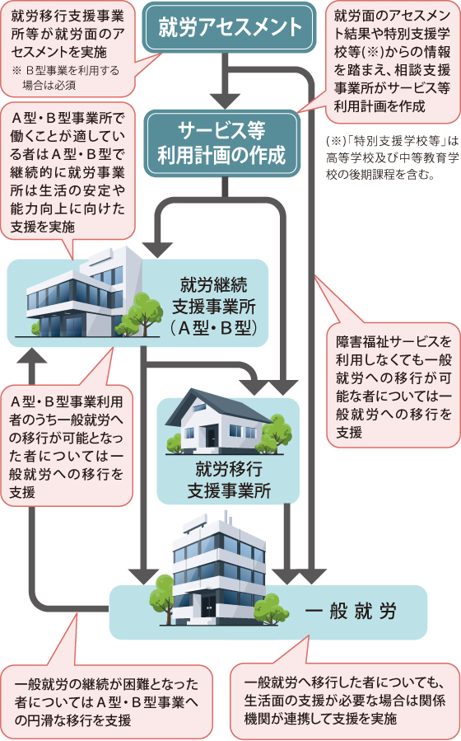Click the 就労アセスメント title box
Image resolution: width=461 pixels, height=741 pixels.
pyautogui.click(x=230, y=27)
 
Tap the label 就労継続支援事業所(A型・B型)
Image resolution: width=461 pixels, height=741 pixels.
pyautogui.click(x=214, y=307)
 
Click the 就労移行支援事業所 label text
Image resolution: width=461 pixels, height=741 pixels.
pyautogui.click(x=229, y=481)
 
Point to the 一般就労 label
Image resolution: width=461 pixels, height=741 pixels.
pyautogui.click(x=350, y=611)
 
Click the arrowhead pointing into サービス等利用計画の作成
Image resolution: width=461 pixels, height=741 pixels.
pyautogui.click(x=225, y=101)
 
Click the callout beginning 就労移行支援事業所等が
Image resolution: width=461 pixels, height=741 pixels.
pyautogui.click(x=68, y=49)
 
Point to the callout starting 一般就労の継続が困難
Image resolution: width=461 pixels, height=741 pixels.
pyautogui.click(x=107, y=701)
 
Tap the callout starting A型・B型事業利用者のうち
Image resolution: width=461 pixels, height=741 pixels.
pyautogui.click(x=67, y=446)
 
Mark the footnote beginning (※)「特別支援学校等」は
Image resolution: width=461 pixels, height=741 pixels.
pyautogui.click(x=393, y=157)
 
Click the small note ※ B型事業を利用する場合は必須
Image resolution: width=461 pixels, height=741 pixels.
pyautogui.click(x=66, y=78)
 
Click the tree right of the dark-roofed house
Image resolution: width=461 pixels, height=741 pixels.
pyautogui.click(x=277, y=433)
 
